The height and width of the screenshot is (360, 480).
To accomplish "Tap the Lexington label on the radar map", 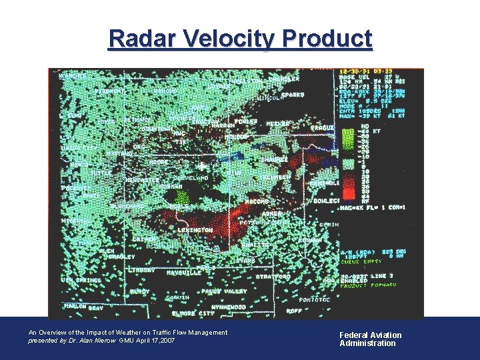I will (x=195, y=230).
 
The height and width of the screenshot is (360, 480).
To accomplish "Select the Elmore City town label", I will (x=193, y=313).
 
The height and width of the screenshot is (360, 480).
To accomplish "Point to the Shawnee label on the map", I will (x=273, y=160).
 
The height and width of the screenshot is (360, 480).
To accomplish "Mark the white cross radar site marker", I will (x=201, y=165).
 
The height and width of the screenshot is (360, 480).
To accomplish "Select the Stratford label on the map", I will (x=273, y=276).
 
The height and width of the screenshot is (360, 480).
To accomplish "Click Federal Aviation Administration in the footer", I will (x=370, y=339).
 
